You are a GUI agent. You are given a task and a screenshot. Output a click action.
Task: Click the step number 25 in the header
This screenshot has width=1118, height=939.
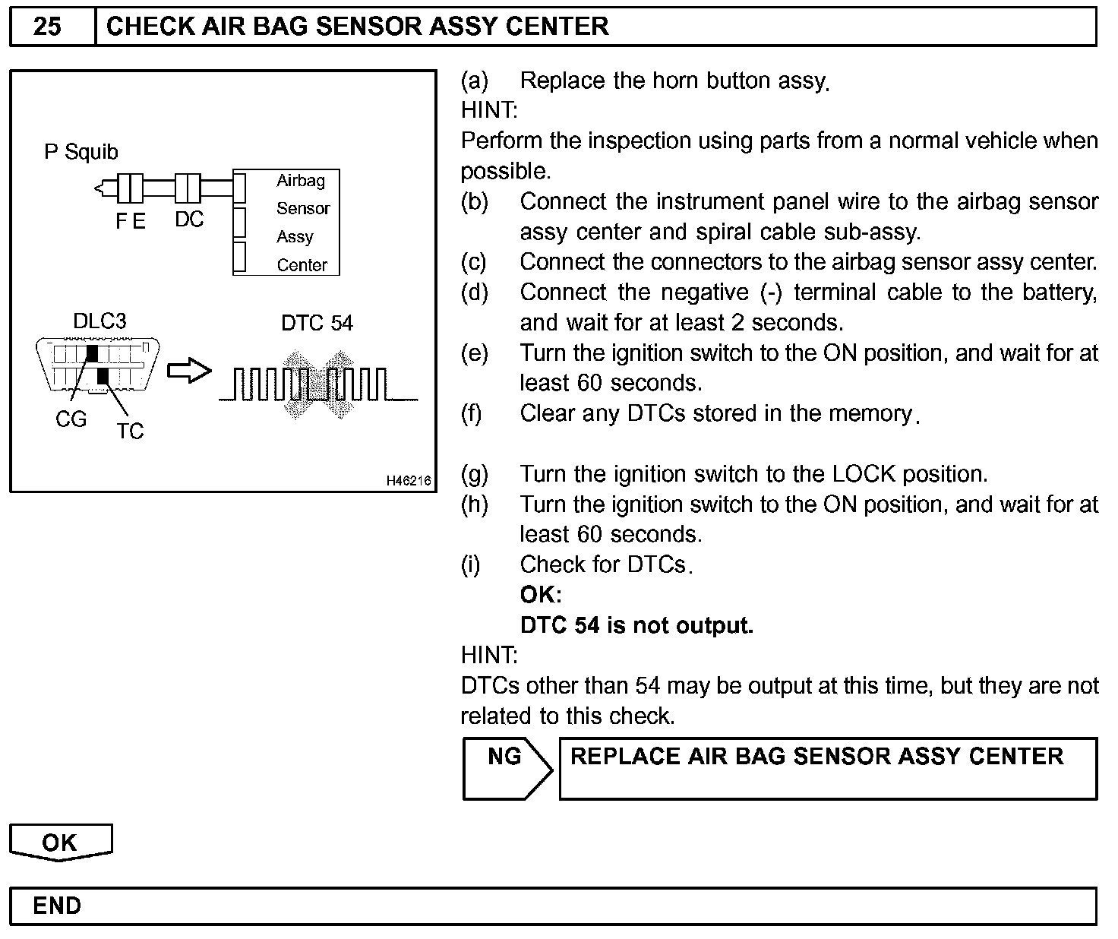click(x=47, y=27)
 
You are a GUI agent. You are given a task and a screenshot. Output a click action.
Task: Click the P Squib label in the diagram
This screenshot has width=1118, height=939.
click(x=81, y=152)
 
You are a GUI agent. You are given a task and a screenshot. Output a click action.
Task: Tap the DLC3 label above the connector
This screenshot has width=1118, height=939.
click(x=99, y=321)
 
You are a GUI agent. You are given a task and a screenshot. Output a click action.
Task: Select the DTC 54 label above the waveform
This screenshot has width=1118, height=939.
click(x=317, y=323)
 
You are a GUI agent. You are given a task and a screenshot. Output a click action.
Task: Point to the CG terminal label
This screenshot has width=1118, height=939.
click(x=71, y=419)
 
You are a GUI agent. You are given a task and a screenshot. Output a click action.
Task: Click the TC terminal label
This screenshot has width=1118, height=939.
click(x=130, y=432)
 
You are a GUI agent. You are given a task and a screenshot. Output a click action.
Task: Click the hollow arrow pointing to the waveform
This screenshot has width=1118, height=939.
click(x=188, y=371)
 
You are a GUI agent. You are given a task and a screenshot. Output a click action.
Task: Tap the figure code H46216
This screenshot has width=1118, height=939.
click(x=409, y=480)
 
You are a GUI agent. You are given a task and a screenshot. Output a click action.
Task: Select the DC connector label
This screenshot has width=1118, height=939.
click(x=189, y=220)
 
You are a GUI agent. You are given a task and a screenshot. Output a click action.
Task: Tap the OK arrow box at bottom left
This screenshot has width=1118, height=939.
click(x=60, y=843)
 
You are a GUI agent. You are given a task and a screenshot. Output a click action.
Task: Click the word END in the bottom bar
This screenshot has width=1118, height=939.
click(x=57, y=906)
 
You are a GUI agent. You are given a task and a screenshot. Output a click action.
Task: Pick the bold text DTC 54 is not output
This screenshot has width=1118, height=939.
click(x=636, y=625)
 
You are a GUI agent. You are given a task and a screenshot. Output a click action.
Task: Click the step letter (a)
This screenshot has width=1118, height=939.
click(x=475, y=81)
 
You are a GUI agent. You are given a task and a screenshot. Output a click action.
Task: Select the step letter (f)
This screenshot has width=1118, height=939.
click(x=472, y=413)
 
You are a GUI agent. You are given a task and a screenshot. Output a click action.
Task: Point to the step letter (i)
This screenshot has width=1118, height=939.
click(x=471, y=564)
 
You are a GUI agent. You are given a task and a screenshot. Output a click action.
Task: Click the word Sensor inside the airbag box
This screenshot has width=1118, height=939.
click(x=303, y=208)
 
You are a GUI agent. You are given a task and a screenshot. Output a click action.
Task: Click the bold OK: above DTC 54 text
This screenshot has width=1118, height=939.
click(x=541, y=595)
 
